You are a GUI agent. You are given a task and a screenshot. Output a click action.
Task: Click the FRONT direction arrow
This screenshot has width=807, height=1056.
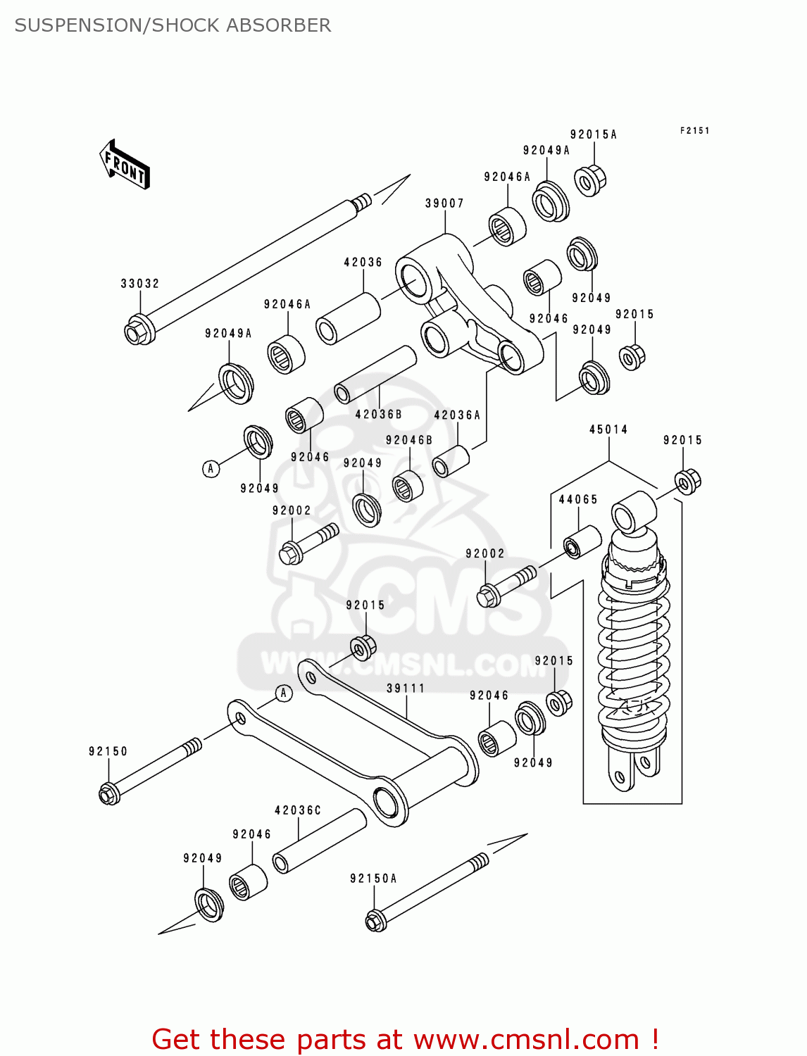click(125, 165)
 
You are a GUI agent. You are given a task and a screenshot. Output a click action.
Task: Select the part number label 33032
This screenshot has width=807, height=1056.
click(140, 283)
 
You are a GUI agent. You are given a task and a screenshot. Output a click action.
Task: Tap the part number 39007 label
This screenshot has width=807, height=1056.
click(444, 203)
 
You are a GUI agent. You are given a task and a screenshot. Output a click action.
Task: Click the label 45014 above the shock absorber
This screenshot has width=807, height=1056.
click(608, 429)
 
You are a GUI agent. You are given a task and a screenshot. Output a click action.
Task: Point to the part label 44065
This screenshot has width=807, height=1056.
click(578, 499)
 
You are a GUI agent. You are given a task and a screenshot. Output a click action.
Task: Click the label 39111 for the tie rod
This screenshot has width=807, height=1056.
click(406, 688)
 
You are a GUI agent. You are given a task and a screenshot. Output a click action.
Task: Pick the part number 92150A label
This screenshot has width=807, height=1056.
click(373, 879)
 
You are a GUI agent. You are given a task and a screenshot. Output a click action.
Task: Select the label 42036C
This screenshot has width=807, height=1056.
click(298, 810)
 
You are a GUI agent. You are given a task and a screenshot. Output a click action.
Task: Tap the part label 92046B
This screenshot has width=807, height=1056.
click(409, 440)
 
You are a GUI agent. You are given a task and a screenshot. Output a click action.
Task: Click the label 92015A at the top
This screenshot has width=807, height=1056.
click(594, 134)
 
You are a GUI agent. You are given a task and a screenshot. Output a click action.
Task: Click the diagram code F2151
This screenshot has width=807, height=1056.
click(694, 131)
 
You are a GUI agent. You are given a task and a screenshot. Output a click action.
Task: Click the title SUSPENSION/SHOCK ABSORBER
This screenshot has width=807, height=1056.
click(173, 25)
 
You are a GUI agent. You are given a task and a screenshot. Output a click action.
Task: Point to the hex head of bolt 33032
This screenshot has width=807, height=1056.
click(137, 331)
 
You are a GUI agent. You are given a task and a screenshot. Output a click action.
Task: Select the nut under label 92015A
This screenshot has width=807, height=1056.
click(589, 181)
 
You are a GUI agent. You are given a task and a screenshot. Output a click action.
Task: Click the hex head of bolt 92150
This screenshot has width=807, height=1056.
click(108, 794)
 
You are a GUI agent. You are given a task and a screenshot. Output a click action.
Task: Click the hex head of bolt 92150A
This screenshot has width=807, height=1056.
click(375, 921)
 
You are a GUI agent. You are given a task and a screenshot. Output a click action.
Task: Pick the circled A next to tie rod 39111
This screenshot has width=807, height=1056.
click(283, 693)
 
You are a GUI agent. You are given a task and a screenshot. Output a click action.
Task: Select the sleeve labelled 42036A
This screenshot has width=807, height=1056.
click(451, 462)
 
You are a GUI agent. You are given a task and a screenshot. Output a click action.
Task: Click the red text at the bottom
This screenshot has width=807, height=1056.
click(405, 1039)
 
